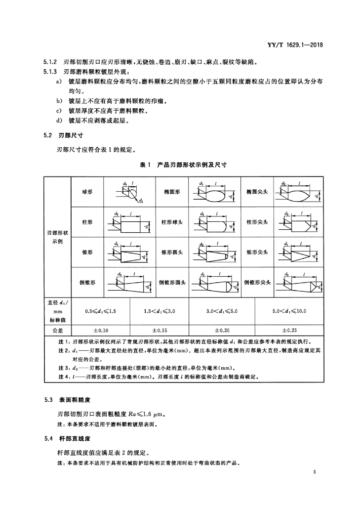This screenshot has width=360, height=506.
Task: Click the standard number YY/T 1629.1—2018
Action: click(x=295, y=45)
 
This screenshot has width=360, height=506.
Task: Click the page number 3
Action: click(x=314, y=472)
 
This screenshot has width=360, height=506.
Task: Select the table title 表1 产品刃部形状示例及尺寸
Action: click(x=183, y=165)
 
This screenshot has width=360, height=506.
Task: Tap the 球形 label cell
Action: click(x=87, y=192)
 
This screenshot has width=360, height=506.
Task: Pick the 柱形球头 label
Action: click(x=172, y=222)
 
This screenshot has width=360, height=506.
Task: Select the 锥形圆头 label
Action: click(x=172, y=253)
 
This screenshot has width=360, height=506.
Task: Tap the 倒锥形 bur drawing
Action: click(x=131, y=283)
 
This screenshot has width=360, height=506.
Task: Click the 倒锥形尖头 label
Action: click(x=257, y=282)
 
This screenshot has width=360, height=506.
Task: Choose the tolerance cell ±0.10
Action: click(x=101, y=331)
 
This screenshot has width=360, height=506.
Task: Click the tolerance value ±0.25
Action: click(x=289, y=331)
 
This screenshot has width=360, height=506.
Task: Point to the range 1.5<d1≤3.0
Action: click(x=160, y=311)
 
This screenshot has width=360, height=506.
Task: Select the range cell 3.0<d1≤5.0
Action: click(x=222, y=311)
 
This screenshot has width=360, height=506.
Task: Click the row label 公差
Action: click(x=58, y=331)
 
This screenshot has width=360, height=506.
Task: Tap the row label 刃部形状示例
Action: click(x=58, y=237)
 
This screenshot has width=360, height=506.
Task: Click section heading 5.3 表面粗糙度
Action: click(x=68, y=400)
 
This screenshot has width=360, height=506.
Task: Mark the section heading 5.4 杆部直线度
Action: click(x=68, y=439)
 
